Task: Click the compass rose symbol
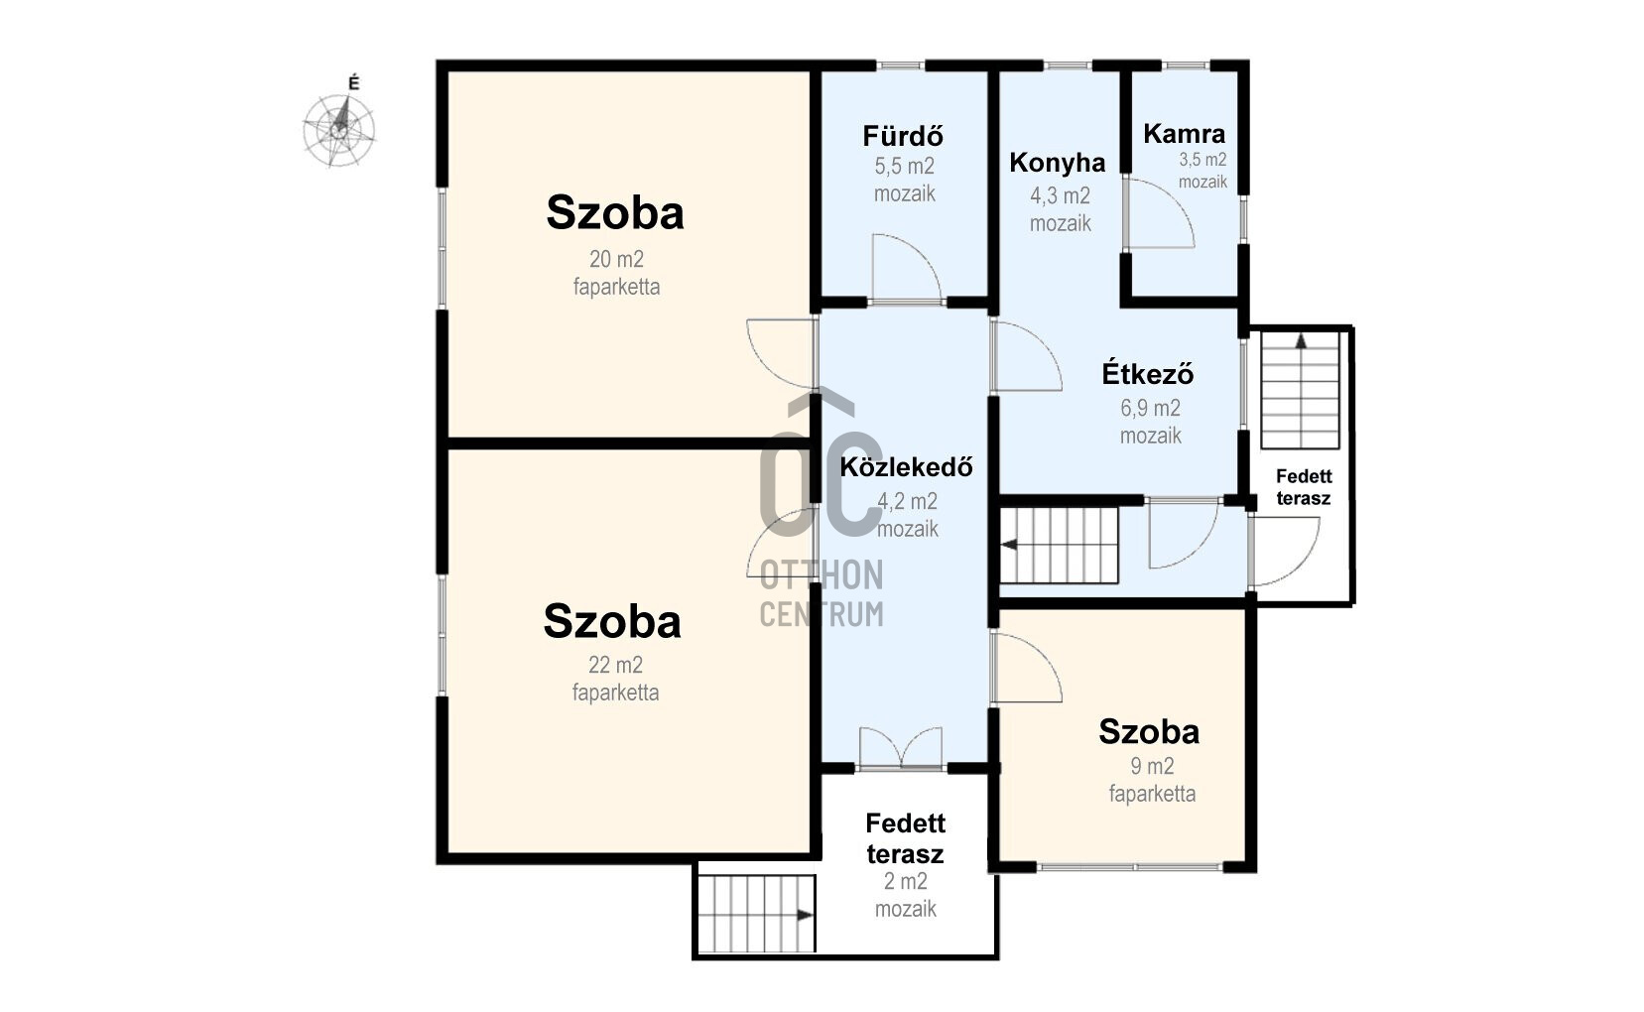tap(339, 131)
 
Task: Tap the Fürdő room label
tap(903, 136)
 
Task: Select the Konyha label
tap(1057, 163)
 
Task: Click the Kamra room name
tap(1184, 134)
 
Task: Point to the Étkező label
tap(1147, 374)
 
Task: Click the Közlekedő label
tap(906, 467)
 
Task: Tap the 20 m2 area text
tap(616, 259)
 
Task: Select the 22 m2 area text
tap(615, 665)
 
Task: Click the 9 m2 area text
tap(1152, 766)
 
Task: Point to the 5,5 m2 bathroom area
tap(904, 167)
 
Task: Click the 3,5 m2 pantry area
tap(1202, 160)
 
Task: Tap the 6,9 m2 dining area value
tap(1150, 408)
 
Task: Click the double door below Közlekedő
tap(901, 748)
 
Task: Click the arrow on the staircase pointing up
tap(1302, 340)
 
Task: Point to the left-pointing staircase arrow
tap(1009, 545)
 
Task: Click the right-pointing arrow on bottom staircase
tap(805, 915)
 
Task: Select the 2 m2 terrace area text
tap(906, 881)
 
